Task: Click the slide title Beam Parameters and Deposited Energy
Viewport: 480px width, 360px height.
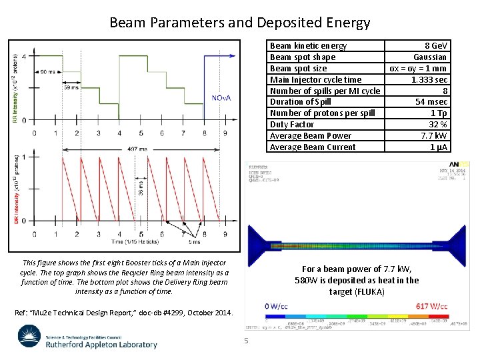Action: click(239, 23)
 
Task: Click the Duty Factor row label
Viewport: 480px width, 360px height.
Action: click(291, 124)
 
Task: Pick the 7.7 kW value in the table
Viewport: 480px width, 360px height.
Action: click(434, 135)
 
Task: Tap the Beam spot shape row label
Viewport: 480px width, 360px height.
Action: click(302, 57)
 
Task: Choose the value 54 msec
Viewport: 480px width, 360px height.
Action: click(431, 101)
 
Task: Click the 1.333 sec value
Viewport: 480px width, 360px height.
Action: click(429, 79)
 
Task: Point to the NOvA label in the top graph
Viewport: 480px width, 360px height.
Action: click(221, 98)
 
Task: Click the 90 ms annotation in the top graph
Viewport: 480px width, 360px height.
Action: click(48, 71)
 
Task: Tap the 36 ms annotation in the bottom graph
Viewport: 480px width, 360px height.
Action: click(141, 189)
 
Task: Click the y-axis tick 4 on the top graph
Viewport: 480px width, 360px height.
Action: click(25, 57)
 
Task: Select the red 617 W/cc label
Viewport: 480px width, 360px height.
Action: click(431, 306)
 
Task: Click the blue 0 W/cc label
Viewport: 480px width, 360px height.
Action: click(276, 306)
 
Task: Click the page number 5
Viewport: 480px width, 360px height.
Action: click(245, 341)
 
